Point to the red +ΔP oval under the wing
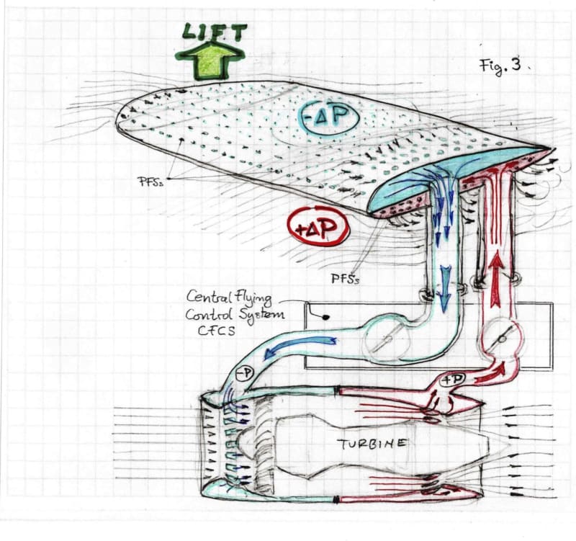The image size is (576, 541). coord(318,228)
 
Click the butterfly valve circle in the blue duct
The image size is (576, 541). coord(387,340)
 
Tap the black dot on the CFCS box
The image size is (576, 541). coord(326,316)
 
